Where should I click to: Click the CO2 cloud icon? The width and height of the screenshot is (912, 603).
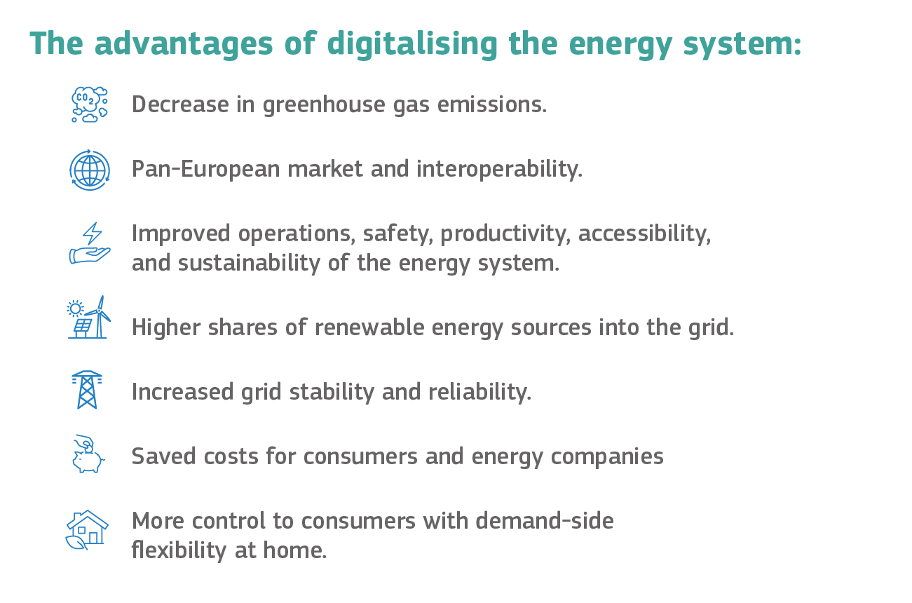pyautogui.click(x=90, y=104)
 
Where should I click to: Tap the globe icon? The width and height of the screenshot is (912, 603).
pyautogui.click(x=90, y=170)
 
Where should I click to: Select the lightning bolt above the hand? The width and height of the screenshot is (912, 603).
pyautogui.click(x=93, y=233)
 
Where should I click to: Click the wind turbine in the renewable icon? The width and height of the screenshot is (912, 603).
pyautogui.click(x=99, y=317)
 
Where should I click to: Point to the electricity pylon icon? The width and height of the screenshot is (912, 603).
pyautogui.click(x=87, y=390)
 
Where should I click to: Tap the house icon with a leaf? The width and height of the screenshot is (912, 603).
pyautogui.click(x=87, y=529)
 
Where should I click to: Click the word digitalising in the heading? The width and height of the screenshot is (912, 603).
pyautogui.click(x=412, y=44)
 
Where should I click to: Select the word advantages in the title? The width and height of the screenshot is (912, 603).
pyautogui.click(x=184, y=44)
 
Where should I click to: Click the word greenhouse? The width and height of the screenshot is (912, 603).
pyautogui.click(x=324, y=105)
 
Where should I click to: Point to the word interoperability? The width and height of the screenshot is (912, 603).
pyautogui.click(x=500, y=169)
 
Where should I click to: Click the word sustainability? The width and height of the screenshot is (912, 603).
pyautogui.click(x=249, y=263)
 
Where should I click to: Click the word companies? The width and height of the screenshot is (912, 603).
pyautogui.click(x=607, y=457)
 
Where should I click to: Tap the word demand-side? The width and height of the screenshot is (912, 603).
pyautogui.click(x=545, y=521)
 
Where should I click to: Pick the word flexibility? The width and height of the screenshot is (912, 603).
pyautogui.click(x=179, y=550)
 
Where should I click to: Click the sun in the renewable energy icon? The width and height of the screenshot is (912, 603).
pyautogui.click(x=75, y=309)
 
